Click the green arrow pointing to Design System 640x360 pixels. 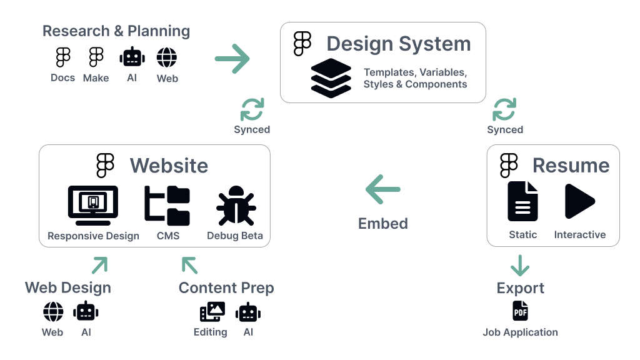point(232,59)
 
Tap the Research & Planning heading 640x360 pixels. point(116,31)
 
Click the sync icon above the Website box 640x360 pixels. point(252,109)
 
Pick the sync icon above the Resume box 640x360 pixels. point(504,109)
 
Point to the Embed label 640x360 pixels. point(382,223)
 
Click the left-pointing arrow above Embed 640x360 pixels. point(382,190)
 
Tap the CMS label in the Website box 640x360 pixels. point(168,236)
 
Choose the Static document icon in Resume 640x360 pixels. point(522,201)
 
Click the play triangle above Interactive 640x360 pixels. point(579,201)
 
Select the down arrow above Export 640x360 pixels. point(520,265)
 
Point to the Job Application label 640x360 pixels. point(520,332)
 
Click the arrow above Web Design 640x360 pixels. point(99,265)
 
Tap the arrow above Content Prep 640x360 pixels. point(189,265)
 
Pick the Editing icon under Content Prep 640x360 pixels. point(212,312)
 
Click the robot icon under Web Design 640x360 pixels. point(86,312)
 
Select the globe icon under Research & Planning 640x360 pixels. point(167,58)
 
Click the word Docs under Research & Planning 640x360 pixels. point(62,77)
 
